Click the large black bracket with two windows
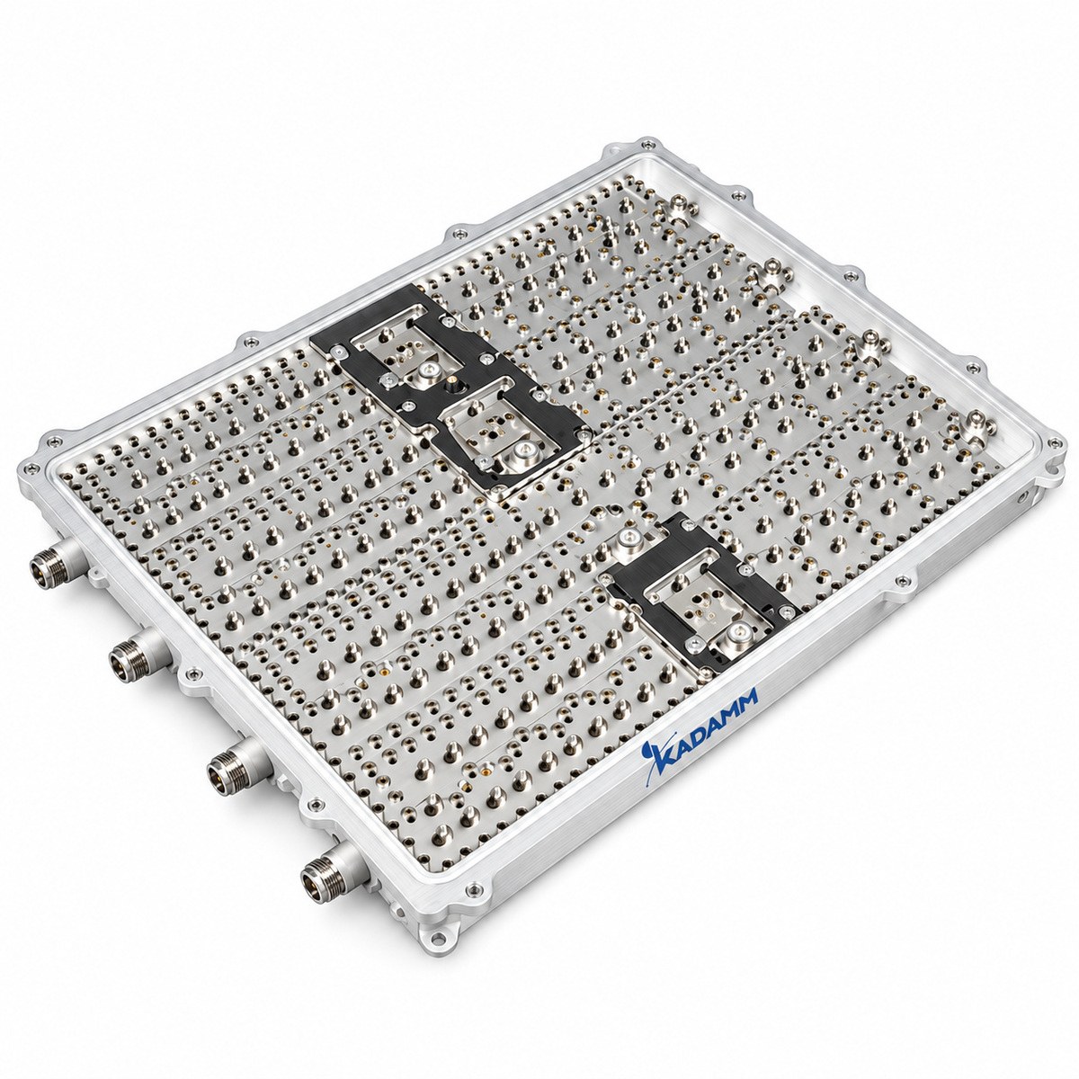(x=451, y=387)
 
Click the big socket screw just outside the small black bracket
(x=629, y=537)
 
